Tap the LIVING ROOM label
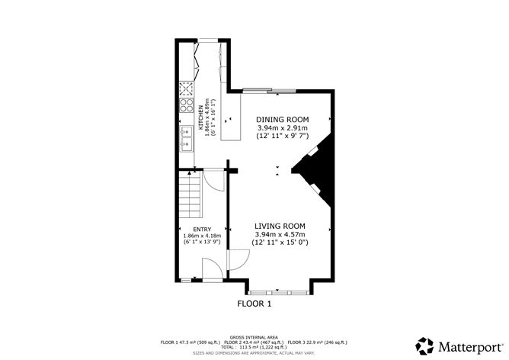[x=280, y=226]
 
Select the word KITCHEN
[x=202, y=117]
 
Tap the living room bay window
[x=278, y=291]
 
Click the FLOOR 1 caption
[x=254, y=304]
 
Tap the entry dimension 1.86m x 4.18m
[x=202, y=236]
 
